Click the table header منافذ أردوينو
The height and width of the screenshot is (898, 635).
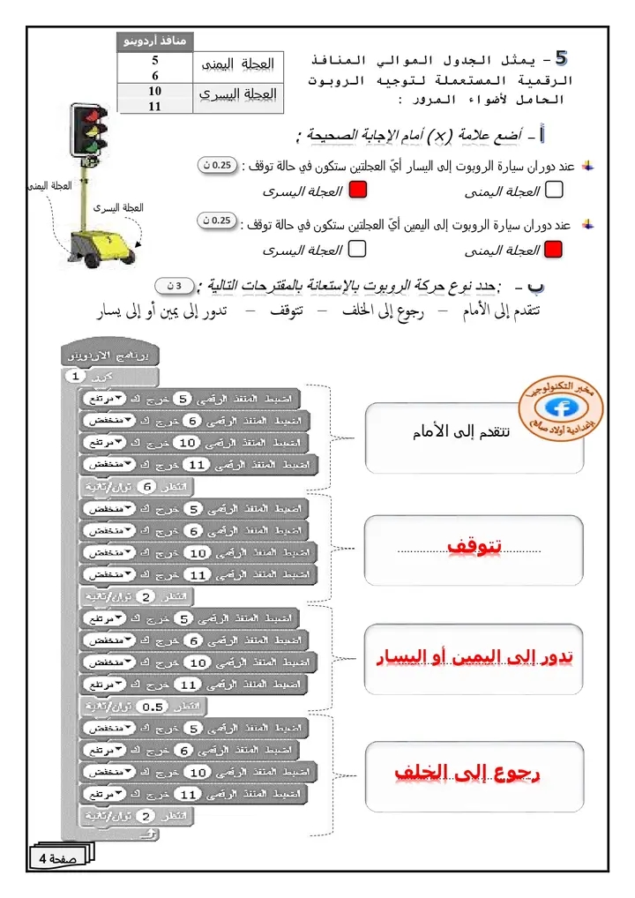point(156,41)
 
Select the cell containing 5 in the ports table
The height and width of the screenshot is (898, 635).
point(155,61)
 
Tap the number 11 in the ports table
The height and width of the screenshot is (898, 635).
point(155,106)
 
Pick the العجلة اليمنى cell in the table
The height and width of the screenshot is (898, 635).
point(238,66)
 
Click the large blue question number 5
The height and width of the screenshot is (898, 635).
point(561,59)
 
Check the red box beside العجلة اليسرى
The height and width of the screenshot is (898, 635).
point(358,190)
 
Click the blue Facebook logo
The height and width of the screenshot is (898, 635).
point(557,408)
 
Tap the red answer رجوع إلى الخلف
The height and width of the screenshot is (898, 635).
point(467,773)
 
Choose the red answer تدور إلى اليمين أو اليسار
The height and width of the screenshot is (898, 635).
point(474,657)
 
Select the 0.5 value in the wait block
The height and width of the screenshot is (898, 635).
point(153,707)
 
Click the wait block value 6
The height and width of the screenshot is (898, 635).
point(148,487)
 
